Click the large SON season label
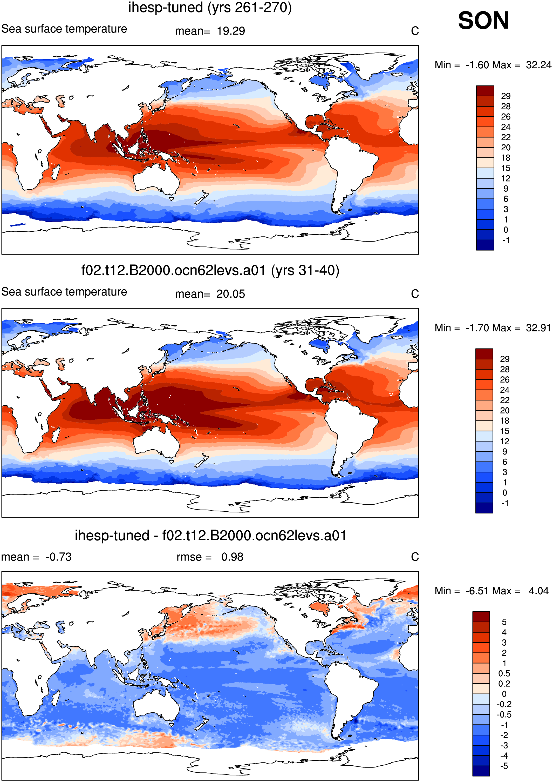pos(483,21)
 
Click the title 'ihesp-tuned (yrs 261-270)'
pos(210,8)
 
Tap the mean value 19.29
pos(231,31)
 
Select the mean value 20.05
pos(230,294)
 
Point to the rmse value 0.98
pos(232,557)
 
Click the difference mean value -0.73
pos(59,557)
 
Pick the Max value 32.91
pos(538,328)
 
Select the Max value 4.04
pos(539,591)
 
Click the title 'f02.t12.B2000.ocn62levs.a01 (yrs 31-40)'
pos(210,271)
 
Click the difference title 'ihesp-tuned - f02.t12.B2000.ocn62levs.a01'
pos(210,536)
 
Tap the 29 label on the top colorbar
pos(506,96)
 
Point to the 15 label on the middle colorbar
pos(505,431)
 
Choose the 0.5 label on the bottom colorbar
pos(504,673)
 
